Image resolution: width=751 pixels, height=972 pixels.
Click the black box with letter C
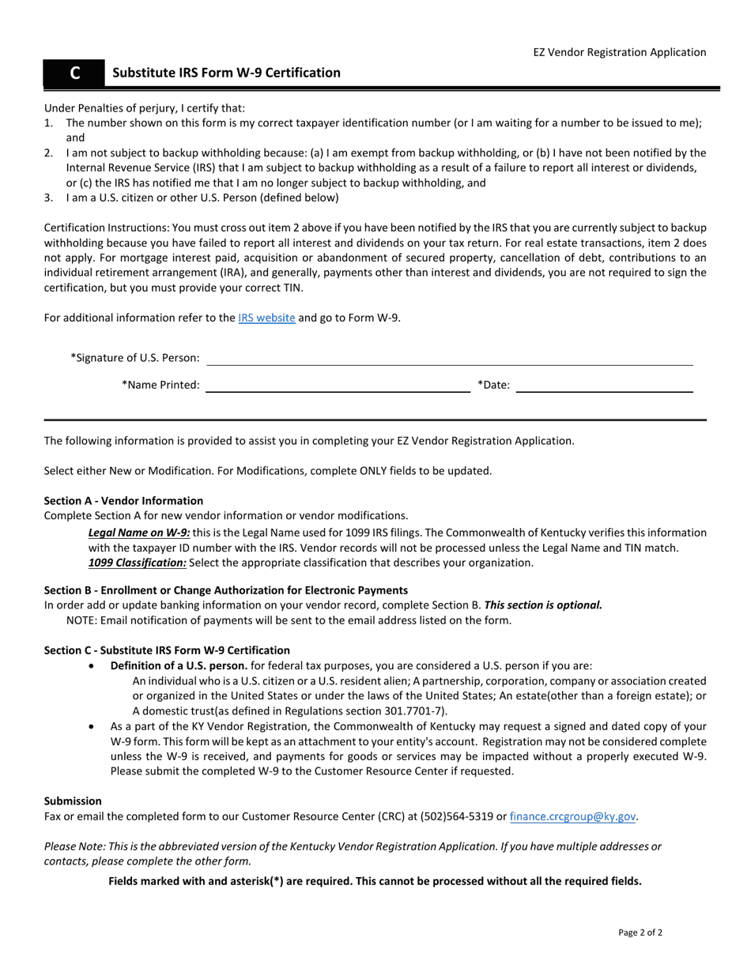coord(74,73)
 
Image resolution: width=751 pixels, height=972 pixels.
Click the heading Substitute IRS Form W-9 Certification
coord(226,73)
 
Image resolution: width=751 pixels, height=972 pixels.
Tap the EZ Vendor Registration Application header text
coord(619,52)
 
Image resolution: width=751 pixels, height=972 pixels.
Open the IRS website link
coord(266,318)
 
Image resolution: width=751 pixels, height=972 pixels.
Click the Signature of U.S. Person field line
coord(449,360)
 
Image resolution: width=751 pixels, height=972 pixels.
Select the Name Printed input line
coord(338,386)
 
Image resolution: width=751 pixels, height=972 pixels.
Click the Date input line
coord(605,386)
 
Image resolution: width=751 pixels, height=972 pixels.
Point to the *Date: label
coord(493,386)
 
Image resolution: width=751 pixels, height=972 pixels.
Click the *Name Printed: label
coord(160,386)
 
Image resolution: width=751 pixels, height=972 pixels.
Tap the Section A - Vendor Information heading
coord(123,500)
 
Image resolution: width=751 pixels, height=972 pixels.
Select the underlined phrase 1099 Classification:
coord(138,563)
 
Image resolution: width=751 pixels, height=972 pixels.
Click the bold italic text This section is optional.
coord(543,605)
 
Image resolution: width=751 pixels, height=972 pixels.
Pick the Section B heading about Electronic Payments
coord(226,590)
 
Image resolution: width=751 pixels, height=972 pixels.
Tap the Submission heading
coord(73,801)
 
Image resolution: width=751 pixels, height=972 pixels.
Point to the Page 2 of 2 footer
coord(640,932)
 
